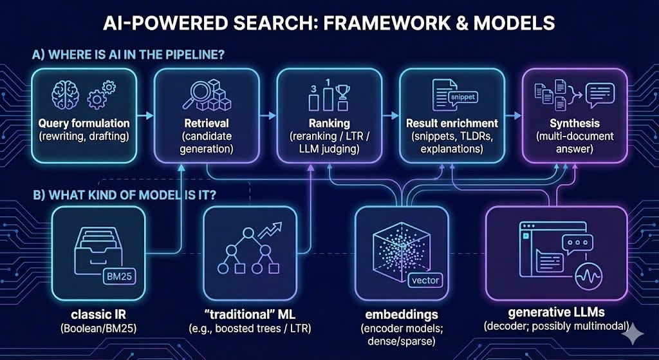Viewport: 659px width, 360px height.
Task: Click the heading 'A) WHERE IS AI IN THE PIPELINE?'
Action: [x=128, y=55]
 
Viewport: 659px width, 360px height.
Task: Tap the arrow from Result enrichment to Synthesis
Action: [x=513, y=117]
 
